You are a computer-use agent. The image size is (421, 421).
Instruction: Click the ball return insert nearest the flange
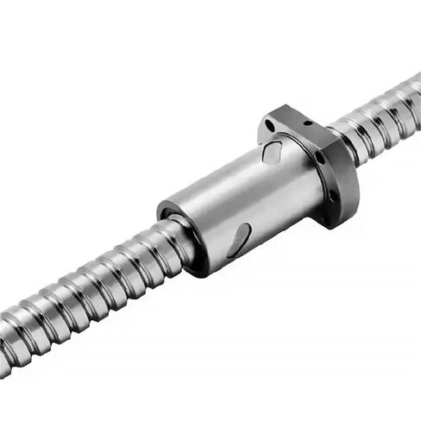[x=273, y=153]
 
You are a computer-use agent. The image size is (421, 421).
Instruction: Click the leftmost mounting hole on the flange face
[x=269, y=127]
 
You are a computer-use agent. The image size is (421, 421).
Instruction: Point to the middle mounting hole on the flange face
[x=320, y=158]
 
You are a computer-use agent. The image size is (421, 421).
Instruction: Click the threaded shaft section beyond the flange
[x=380, y=112]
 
